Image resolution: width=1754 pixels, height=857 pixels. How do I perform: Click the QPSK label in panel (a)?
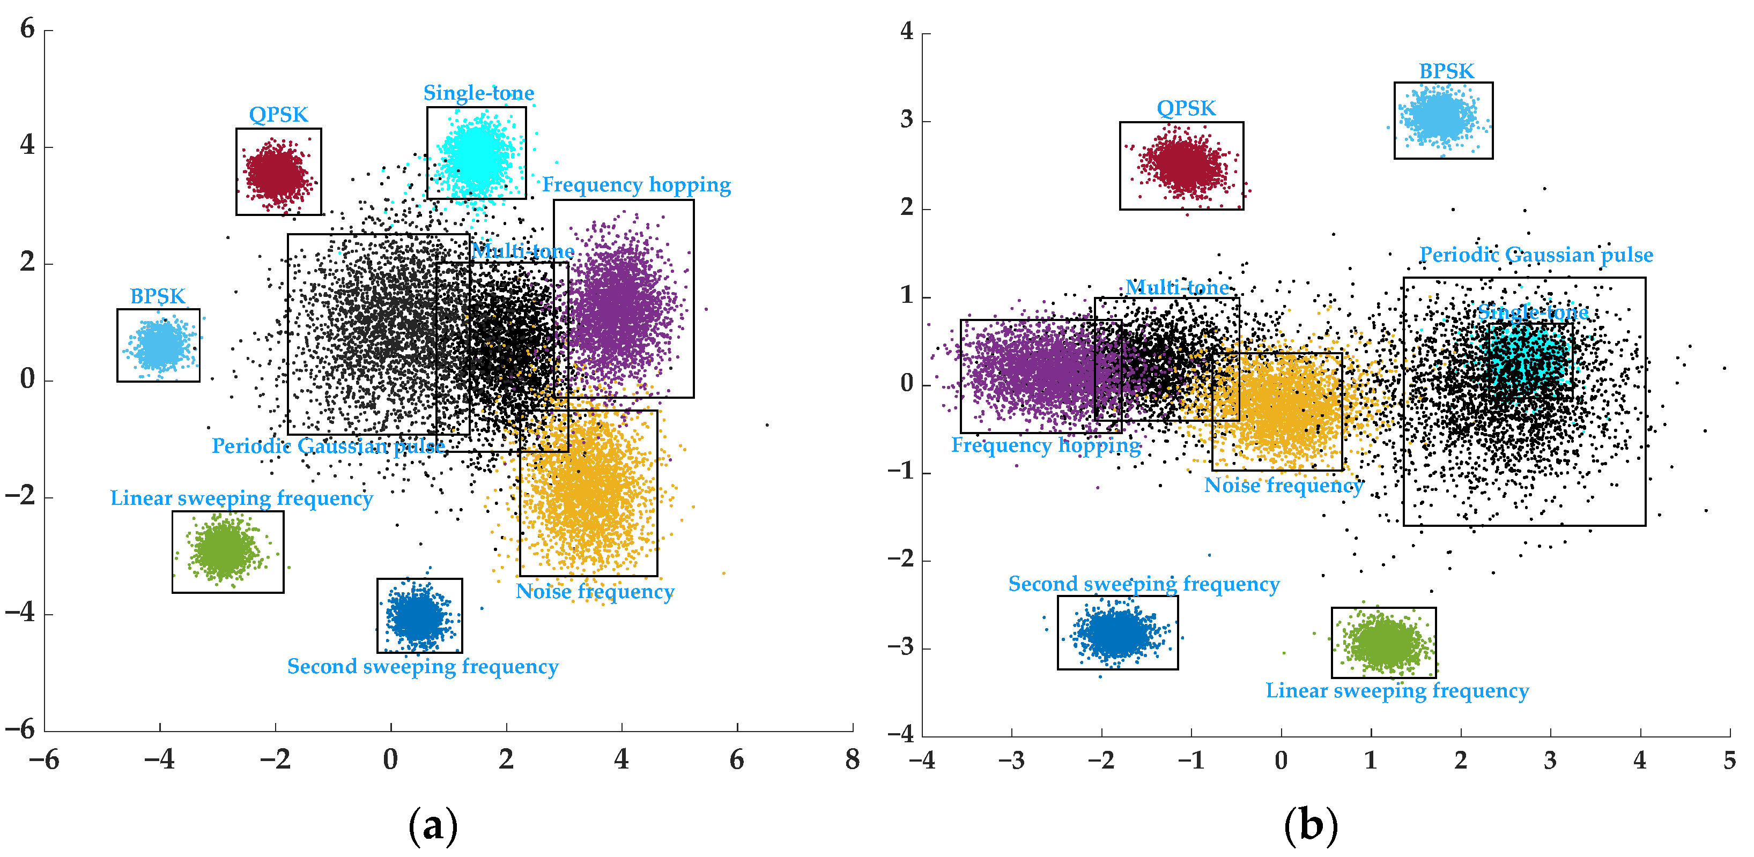tap(278, 114)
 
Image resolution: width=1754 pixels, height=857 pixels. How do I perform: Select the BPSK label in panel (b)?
tap(1446, 71)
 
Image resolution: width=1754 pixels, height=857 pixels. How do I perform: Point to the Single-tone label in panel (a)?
tap(479, 93)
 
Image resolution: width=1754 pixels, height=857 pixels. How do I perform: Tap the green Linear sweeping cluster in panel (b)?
tap(1383, 643)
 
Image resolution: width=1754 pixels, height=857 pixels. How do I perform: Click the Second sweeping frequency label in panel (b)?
tap(1143, 584)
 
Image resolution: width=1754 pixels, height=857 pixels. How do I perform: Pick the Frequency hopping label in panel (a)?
tap(636, 184)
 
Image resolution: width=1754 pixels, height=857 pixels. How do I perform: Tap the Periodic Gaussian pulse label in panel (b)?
tap(1535, 255)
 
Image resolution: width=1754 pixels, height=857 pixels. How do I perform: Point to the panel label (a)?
tap(432, 826)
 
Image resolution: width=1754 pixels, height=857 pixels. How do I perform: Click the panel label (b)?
tap(1310, 826)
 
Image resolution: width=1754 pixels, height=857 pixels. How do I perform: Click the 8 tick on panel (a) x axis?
tap(852, 759)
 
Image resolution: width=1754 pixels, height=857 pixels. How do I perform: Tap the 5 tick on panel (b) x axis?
tap(1729, 759)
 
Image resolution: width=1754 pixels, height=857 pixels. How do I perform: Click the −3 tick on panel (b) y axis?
tap(900, 647)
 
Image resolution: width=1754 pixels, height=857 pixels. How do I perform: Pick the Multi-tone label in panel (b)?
tap(1176, 287)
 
